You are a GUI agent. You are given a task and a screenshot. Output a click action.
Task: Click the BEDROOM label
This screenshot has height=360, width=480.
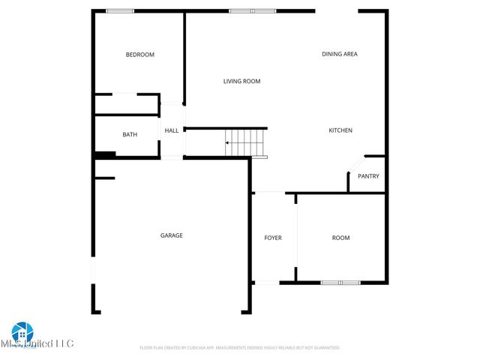139,55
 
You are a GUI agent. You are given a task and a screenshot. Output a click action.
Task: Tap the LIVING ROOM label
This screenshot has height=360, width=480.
241,81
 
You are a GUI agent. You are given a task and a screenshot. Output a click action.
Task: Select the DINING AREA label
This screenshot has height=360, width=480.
339,54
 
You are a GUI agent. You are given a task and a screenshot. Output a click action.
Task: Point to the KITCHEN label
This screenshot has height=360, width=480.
340,130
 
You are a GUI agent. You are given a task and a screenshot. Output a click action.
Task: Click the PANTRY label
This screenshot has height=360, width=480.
368,176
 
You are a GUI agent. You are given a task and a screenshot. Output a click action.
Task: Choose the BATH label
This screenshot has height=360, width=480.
130,135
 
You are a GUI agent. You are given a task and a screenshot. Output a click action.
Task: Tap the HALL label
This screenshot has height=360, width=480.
172,130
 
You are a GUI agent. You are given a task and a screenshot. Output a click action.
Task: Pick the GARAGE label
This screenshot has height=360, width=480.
171,235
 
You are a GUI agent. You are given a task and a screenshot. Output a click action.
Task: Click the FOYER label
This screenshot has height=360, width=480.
272,238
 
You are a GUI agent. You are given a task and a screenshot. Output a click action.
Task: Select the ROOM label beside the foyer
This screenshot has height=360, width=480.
340,238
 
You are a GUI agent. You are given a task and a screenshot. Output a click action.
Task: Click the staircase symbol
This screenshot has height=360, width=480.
245,142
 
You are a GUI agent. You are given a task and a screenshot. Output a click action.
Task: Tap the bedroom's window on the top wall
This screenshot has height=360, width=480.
120,10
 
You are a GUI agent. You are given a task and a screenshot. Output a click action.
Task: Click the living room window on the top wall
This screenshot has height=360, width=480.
253,10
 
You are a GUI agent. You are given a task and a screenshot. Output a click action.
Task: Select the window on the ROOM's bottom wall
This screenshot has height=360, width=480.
340,283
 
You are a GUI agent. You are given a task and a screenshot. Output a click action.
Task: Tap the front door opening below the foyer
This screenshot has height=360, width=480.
268,283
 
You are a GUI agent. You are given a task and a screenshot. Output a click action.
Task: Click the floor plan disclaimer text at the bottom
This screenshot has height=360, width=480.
240,348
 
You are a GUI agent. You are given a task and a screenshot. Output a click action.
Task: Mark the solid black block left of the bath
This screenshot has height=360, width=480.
104,155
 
